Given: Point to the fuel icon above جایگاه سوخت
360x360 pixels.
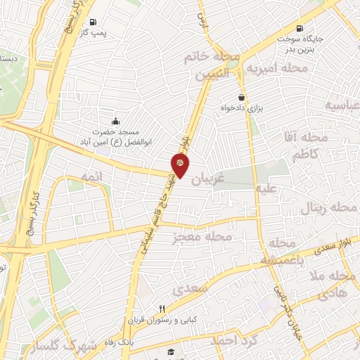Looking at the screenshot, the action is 301,29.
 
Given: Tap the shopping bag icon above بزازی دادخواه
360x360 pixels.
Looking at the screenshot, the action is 242,98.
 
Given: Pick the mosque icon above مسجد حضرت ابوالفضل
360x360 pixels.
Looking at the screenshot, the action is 115,120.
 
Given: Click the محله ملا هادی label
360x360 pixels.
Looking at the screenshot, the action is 329,285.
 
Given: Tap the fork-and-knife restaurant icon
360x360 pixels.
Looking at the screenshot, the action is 162,309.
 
